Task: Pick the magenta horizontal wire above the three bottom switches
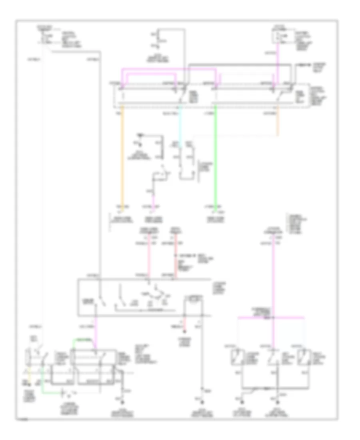(272, 317)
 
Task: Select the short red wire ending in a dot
(184, 326)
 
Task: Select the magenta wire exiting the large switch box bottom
(96, 328)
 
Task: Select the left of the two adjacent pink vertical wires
(149, 260)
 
